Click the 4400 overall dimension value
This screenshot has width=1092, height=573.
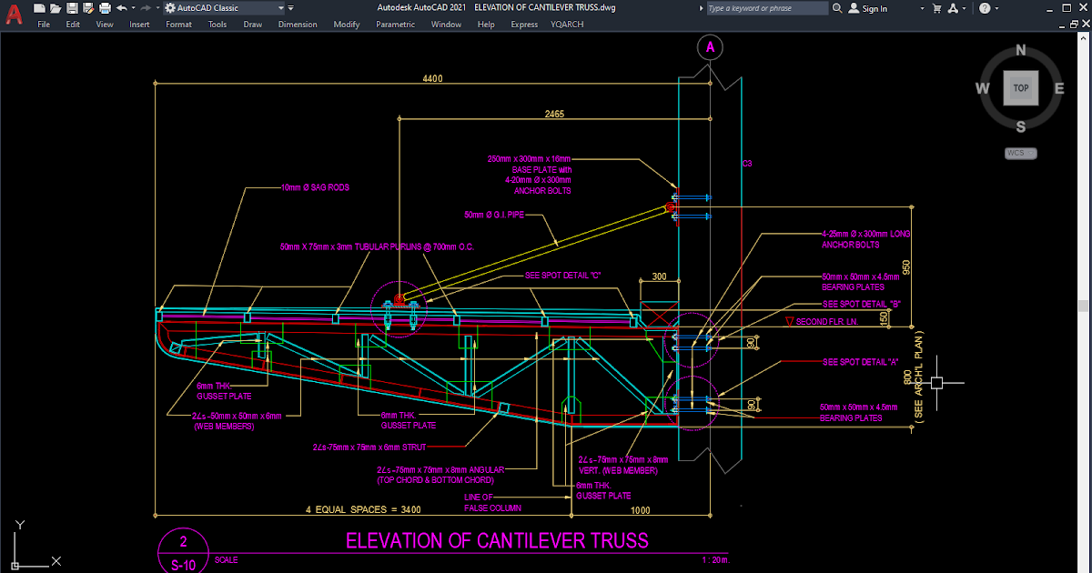[432, 79]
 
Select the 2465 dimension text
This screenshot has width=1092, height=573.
[554, 115]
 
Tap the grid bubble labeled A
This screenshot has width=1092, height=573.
[710, 47]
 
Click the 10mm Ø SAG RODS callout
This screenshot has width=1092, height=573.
[315, 188]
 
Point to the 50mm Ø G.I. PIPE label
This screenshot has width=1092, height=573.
[494, 216]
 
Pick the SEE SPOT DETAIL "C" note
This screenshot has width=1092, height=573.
[563, 275]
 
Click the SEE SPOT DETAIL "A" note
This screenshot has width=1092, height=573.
[860, 362]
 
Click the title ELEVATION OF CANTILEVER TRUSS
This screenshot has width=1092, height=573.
[497, 541]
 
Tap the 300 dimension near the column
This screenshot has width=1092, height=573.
[659, 276]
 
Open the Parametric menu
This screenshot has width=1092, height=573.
[395, 25]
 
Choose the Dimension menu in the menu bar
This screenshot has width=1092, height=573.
[298, 25]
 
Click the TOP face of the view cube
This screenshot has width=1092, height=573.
[1021, 88]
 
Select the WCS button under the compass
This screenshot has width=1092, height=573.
[1016, 153]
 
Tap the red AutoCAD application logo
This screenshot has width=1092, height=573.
[15, 15]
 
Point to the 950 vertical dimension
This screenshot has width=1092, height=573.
[906, 269]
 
